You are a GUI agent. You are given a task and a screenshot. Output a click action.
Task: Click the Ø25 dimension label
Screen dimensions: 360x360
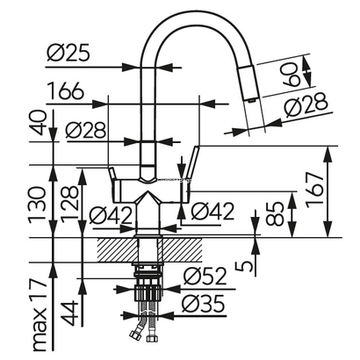pyautogui.click(x=68, y=54)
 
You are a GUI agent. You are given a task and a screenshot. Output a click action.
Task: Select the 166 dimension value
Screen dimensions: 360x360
pyautogui.click(x=65, y=90)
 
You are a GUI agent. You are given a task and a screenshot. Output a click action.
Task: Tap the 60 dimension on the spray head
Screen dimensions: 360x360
pyautogui.click(x=292, y=75)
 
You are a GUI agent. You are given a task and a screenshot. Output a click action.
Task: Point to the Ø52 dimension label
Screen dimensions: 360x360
pyautogui.click(x=205, y=276)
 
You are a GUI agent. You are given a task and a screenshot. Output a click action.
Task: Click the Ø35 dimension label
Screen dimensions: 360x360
pyautogui.click(x=204, y=303)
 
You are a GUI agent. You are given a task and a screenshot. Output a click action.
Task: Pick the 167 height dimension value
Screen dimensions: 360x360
pyautogui.click(x=315, y=191)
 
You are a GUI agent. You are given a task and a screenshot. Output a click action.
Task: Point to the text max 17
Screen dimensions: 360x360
pyautogui.click(x=39, y=315)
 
